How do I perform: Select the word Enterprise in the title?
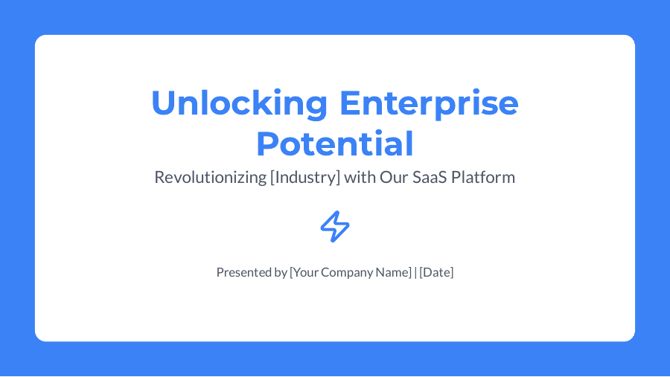pos(429,103)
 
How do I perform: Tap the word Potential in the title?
pos(335,144)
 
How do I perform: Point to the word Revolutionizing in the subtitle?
pos(209,178)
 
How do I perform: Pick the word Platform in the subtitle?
pos(483,178)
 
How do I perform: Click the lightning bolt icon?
pos(335,226)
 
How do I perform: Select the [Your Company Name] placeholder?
pos(351,272)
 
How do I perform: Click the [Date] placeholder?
pos(436,272)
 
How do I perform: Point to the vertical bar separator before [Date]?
pos(415,272)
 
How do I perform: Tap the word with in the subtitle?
pos(360,178)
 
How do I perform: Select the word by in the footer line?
pos(281,272)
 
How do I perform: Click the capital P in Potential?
pos(267,144)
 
